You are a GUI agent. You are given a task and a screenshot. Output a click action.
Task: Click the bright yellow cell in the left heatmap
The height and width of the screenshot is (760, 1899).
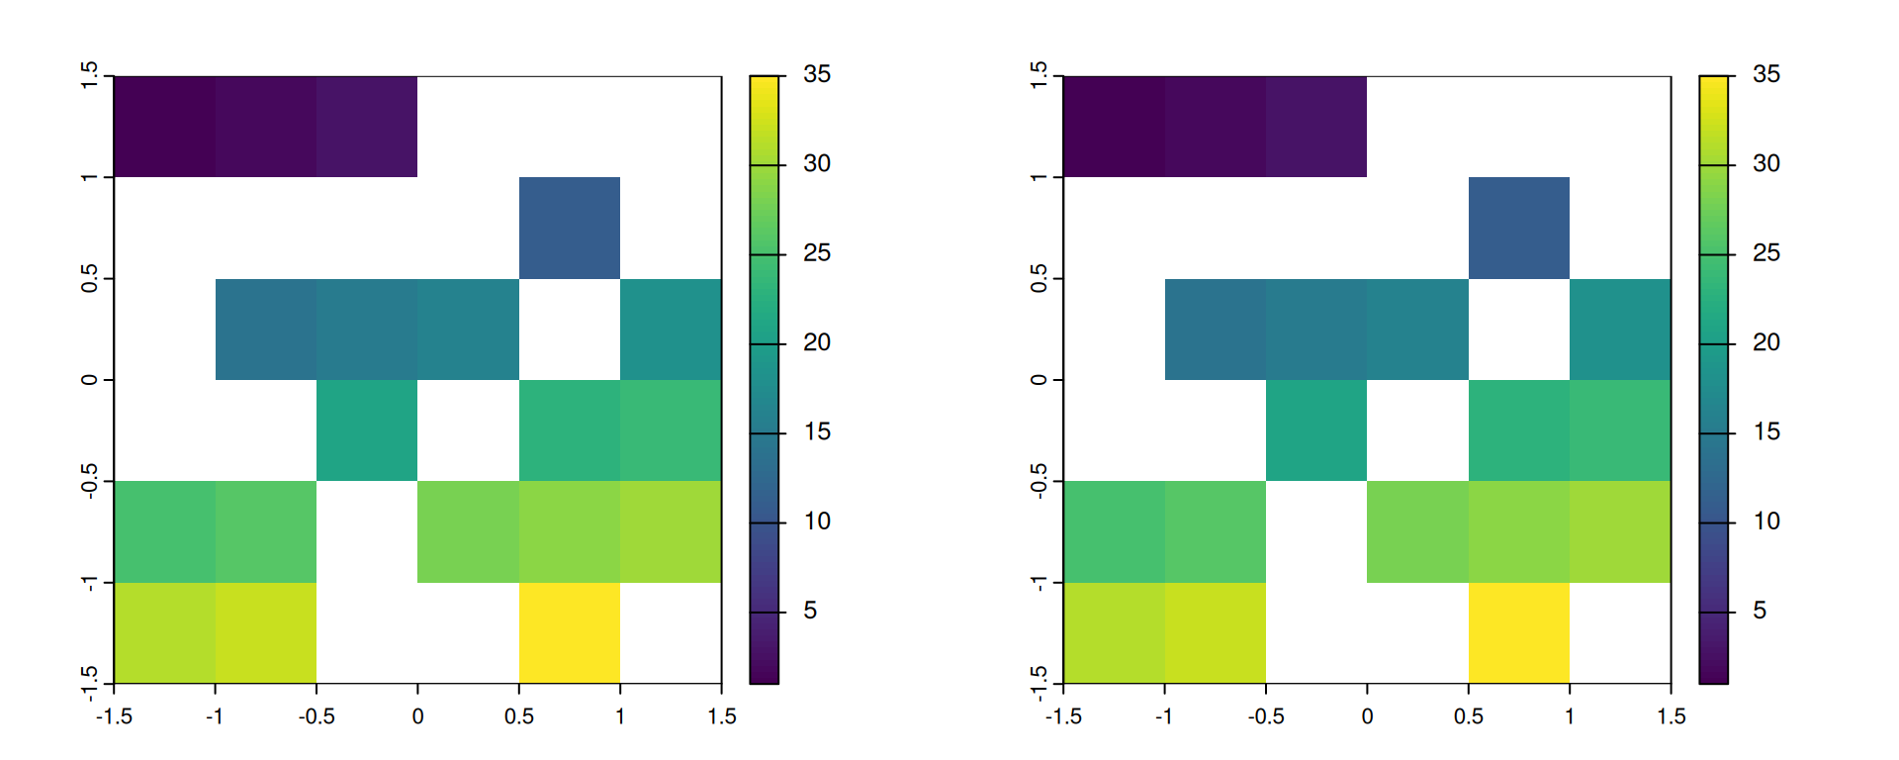(570, 632)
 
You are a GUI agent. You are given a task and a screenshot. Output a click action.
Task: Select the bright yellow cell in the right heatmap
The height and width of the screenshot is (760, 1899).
(1518, 632)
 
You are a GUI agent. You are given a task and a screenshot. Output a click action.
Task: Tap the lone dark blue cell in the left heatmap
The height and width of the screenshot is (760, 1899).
(570, 228)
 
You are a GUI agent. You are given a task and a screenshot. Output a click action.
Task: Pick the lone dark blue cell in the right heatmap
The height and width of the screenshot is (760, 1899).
(1518, 228)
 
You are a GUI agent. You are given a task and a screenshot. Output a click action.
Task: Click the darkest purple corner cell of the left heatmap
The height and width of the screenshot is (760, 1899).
(164, 126)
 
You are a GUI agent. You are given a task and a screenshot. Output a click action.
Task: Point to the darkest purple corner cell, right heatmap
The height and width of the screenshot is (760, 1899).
(1114, 126)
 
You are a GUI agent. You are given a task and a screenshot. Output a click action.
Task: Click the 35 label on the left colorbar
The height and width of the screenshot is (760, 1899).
(817, 74)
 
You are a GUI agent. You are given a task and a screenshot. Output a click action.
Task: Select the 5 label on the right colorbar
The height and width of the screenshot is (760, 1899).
(1760, 611)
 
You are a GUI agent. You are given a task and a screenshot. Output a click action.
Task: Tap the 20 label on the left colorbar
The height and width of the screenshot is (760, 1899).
(817, 342)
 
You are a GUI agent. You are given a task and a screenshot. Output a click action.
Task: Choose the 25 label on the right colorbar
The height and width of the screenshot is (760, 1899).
(1766, 253)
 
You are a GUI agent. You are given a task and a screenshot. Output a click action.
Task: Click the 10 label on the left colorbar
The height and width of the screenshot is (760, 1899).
(817, 522)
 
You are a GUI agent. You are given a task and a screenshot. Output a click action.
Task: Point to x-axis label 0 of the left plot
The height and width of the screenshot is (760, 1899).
(417, 716)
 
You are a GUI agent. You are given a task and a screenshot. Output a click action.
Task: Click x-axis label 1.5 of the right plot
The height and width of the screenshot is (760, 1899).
(1672, 716)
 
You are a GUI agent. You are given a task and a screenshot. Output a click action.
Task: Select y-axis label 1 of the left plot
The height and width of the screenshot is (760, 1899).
(89, 177)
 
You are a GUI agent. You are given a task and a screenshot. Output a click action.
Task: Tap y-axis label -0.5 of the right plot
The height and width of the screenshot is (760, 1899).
(1039, 481)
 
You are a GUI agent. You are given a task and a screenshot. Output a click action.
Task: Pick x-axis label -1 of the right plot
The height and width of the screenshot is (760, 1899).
(1163, 716)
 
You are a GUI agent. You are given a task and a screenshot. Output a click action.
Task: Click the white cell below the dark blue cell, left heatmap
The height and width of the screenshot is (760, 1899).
(570, 329)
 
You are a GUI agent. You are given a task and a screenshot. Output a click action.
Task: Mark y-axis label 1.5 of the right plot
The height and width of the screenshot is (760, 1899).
(1039, 75)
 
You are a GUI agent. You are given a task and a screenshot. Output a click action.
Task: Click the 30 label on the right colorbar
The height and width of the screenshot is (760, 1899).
(1766, 163)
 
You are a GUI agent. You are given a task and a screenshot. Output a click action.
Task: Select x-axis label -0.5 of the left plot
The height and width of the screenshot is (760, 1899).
(316, 716)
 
